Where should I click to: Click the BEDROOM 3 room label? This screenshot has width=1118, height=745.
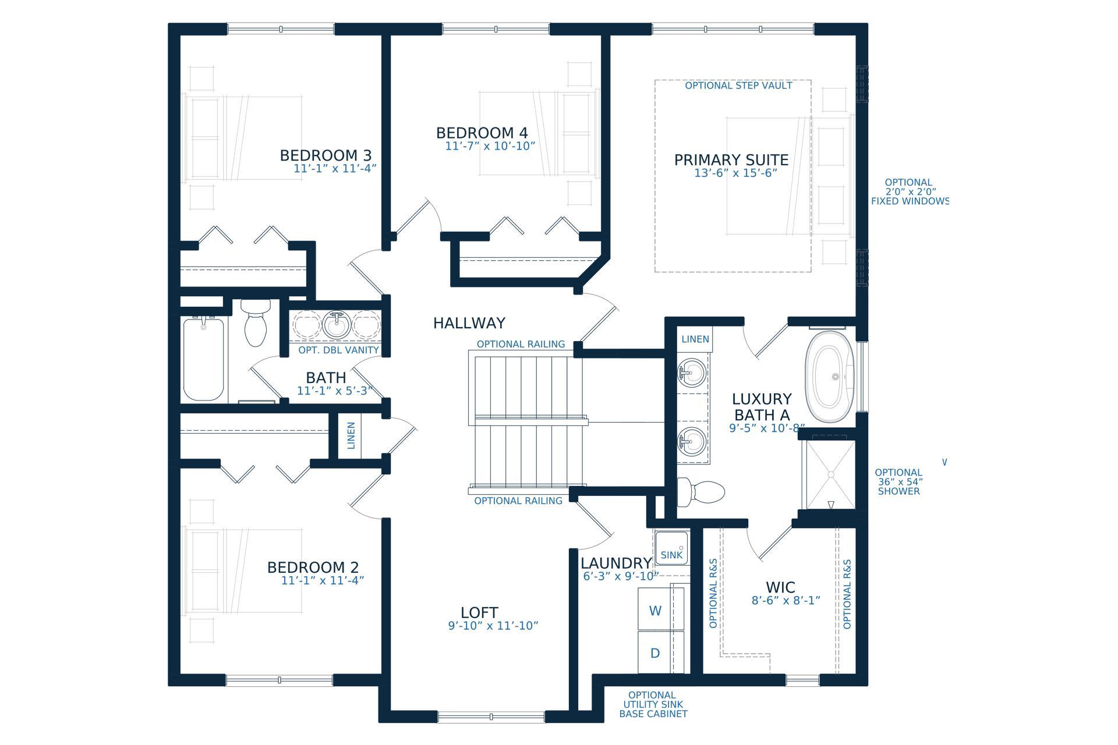[x=326, y=155]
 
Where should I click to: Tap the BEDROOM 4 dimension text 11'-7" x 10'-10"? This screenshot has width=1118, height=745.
[x=490, y=146]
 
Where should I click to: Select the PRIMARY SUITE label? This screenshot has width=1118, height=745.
[x=731, y=160]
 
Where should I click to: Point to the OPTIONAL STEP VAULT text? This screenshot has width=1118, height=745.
[x=738, y=86]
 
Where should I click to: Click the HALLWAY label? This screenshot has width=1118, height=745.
[x=469, y=323]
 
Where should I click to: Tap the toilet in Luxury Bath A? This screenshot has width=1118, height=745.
[x=701, y=492]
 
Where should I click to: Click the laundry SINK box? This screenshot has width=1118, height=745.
[x=671, y=548]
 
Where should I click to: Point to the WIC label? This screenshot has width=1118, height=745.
[x=780, y=587]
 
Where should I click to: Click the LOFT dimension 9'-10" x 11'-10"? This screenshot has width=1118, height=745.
[x=493, y=626]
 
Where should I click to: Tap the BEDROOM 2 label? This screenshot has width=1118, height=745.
[x=313, y=567]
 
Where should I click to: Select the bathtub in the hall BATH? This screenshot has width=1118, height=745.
[x=204, y=359]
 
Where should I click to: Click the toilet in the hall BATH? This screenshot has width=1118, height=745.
[x=256, y=323]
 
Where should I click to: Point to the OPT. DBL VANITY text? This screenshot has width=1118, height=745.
[x=338, y=350]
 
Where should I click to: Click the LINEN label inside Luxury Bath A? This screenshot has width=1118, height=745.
[x=695, y=339]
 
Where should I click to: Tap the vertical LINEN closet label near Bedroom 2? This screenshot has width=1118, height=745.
[x=351, y=435]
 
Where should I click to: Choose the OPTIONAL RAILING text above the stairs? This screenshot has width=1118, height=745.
[x=521, y=344]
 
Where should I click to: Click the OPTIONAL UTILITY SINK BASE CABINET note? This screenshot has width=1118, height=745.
[x=653, y=704]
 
